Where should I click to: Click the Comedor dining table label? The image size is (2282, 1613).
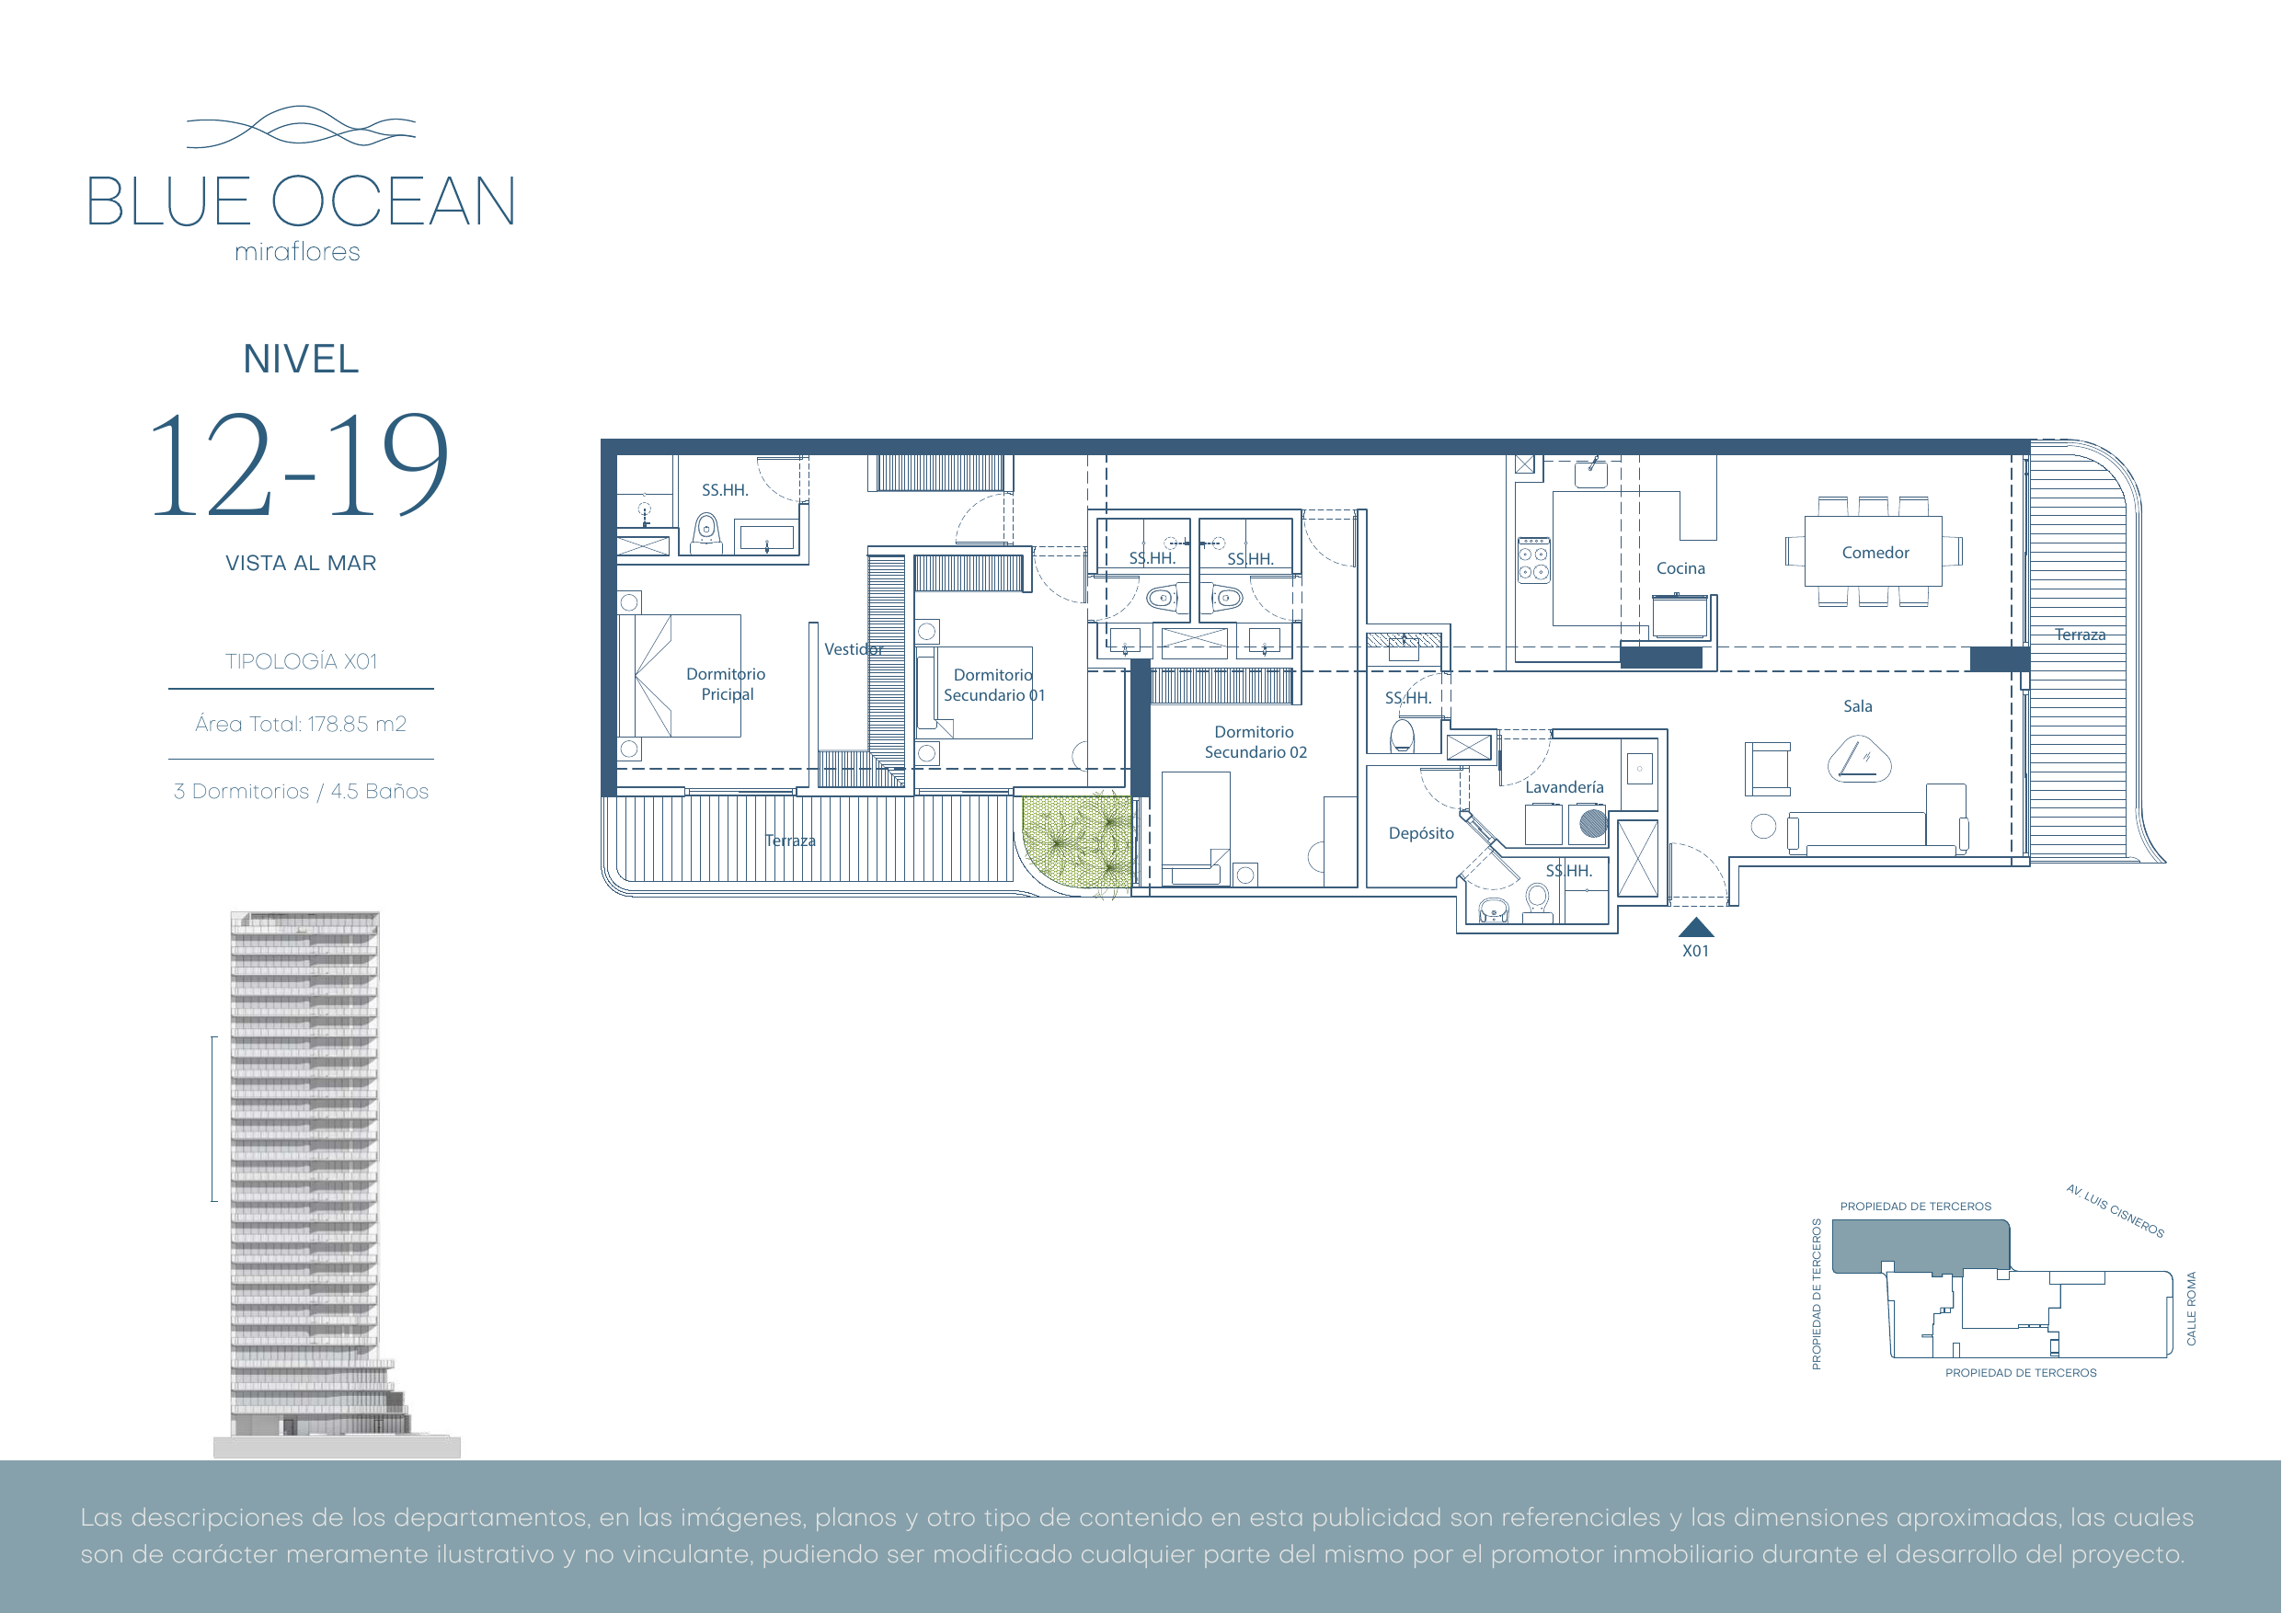[1875, 553]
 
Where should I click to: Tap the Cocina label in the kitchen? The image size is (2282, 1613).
[1680, 568]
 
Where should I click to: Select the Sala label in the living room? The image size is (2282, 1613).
[1858, 706]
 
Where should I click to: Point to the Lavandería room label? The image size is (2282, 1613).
[1565, 787]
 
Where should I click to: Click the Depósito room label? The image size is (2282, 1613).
[1421, 834]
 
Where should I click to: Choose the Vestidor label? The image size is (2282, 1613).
[854, 649]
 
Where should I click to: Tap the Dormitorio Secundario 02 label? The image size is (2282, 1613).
[1256, 742]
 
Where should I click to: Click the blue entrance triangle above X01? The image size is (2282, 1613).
[1695, 927]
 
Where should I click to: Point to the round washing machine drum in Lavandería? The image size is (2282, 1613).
[1592, 823]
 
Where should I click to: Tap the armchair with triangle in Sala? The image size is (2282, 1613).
[1859, 761]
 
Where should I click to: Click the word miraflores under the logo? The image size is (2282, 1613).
[297, 253]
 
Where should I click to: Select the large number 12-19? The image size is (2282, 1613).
[299, 465]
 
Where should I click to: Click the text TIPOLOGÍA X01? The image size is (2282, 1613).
[301, 662]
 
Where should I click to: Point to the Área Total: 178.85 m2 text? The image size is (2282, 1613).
[300, 725]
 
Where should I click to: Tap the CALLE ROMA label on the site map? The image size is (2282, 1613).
[2192, 1309]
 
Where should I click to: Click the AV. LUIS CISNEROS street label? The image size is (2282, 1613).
[2115, 1210]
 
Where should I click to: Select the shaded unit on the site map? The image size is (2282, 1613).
[1921, 1246]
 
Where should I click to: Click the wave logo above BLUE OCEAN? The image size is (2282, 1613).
[301, 127]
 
